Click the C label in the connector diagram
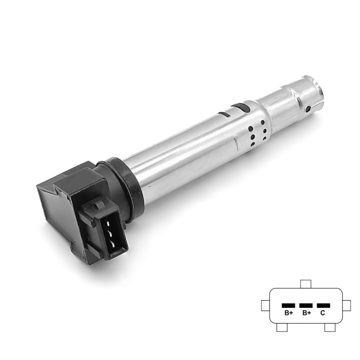point(323,313)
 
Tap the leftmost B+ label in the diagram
point(289,313)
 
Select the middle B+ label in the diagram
point(306,313)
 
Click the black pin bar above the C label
point(324,306)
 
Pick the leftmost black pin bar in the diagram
point(288,306)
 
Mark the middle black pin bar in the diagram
point(306,306)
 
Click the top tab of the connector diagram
point(306,284)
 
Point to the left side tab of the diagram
point(265,306)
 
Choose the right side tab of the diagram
point(347,306)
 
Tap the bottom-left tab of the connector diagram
point(282,327)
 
